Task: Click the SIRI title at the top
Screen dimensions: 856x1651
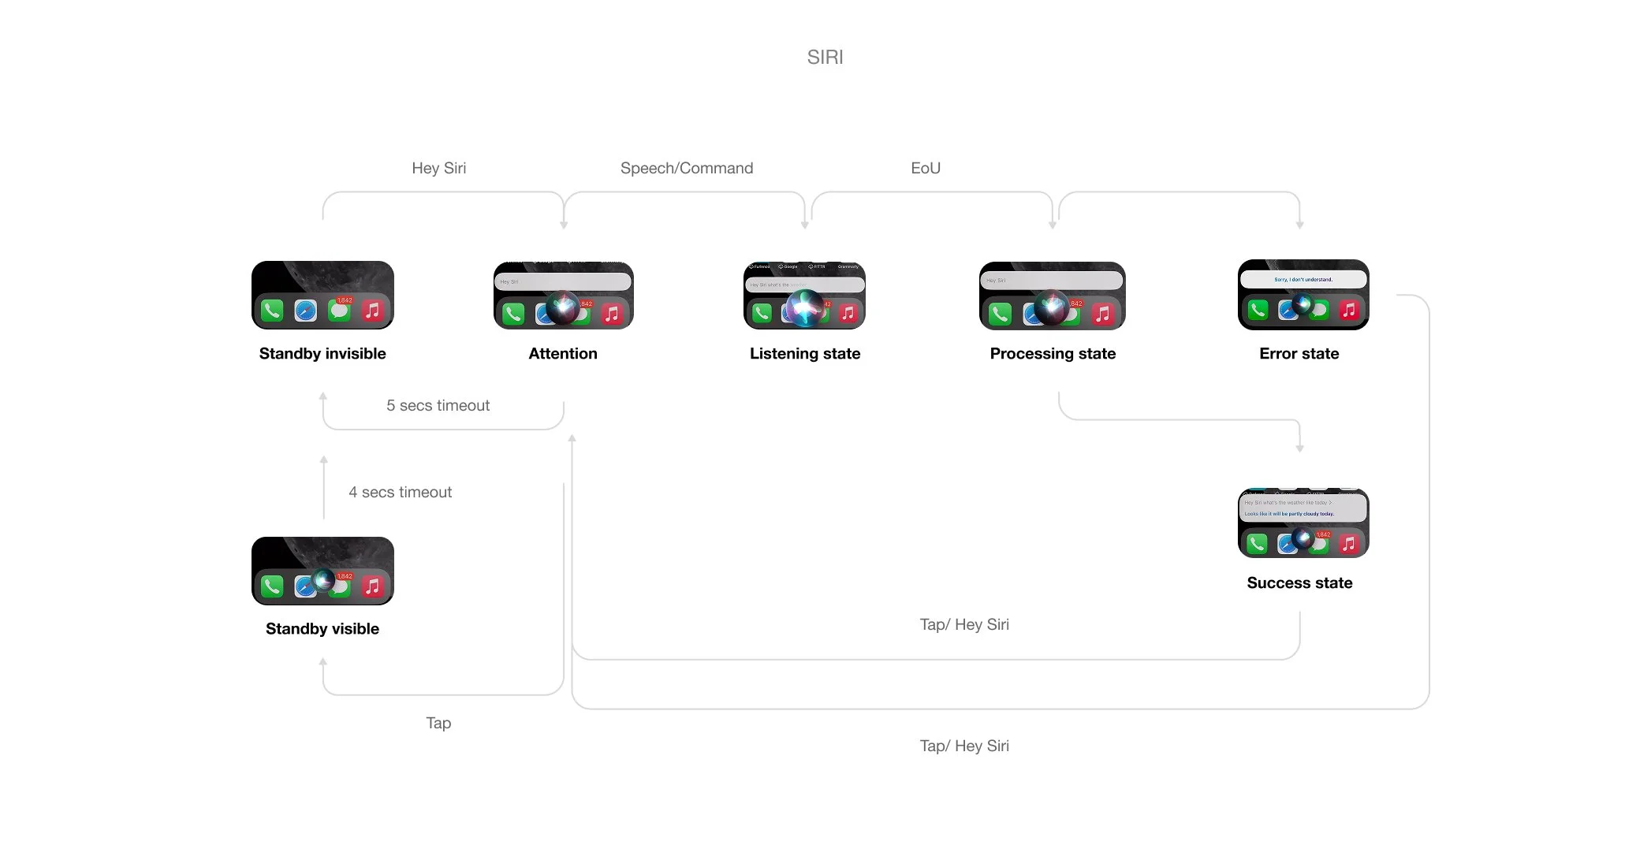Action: tap(825, 57)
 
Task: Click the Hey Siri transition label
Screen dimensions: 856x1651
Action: tap(438, 168)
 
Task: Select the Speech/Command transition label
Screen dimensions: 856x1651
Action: tap(686, 168)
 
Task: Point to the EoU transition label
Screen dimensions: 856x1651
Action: tap(925, 168)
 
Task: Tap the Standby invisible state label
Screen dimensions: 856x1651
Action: tap(322, 354)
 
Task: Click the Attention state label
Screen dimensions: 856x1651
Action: tap(562, 354)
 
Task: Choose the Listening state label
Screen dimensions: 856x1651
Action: tap(804, 354)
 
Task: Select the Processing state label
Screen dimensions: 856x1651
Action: tap(1053, 354)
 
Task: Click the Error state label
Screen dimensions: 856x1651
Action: tap(1299, 354)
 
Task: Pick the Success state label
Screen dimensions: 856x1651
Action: tap(1299, 583)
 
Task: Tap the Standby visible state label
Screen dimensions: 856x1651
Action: tap(322, 629)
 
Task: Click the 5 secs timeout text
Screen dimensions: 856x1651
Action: tap(438, 405)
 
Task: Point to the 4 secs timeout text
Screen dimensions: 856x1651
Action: tap(400, 492)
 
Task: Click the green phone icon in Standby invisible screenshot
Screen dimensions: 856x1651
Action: tap(272, 311)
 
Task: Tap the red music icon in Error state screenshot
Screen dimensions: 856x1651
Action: tap(1348, 310)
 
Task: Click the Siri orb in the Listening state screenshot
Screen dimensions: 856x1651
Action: tap(804, 307)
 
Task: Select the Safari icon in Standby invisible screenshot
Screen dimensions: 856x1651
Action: tap(305, 311)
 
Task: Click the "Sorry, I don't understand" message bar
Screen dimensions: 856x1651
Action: tap(1303, 279)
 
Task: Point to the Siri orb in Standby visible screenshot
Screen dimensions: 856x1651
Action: tap(324, 581)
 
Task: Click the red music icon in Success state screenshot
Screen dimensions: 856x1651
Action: tap(1348, 543)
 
